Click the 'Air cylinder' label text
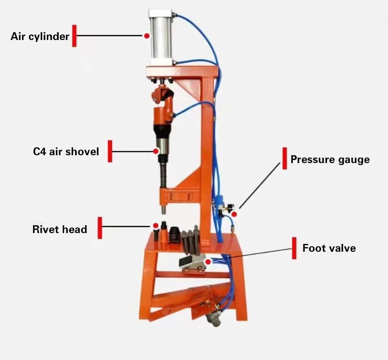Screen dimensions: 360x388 [x=40, y=36]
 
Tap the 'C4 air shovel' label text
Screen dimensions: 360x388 [x=66, y=151]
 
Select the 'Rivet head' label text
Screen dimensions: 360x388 [x=60, y=229]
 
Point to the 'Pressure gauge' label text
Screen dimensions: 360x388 [x=330, y=160]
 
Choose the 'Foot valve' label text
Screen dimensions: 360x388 [x=329, y=248]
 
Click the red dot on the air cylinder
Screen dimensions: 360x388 [x=147, y=36]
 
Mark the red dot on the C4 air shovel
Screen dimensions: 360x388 [x=156, y=151]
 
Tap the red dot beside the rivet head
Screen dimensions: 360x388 [x=155, y=226]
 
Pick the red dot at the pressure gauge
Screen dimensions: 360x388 [x=234, y=214]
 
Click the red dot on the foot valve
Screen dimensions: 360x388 [x=209, y=262]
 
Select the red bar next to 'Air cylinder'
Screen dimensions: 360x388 [x=74, y=36]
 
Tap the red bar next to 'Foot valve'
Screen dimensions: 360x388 [x=294, y=248]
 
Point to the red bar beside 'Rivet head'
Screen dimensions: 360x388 [x=100, y=228]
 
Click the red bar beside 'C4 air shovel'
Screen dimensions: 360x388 [x=110, y=151]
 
